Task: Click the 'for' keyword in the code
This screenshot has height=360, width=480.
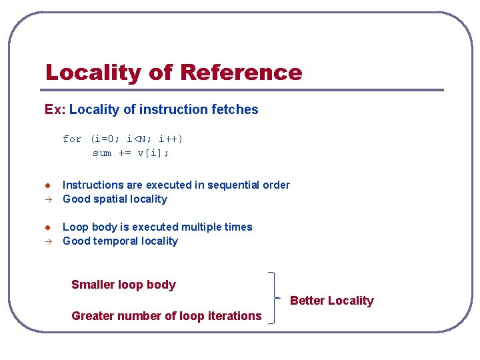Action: point(72,139)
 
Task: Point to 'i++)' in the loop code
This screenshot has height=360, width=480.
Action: point(171,139)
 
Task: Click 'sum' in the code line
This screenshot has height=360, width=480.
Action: point(102,153)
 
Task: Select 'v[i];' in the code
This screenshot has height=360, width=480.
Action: point(153,153)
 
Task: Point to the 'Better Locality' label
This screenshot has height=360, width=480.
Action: point(332,301)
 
